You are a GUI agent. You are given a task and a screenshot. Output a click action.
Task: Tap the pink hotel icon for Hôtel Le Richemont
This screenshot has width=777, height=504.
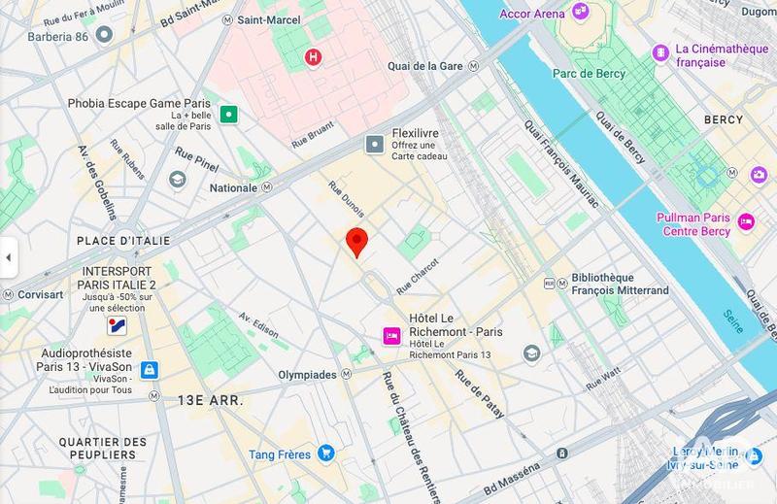[391, 335]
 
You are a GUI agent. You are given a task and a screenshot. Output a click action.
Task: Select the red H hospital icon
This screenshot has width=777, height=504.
[313, 57]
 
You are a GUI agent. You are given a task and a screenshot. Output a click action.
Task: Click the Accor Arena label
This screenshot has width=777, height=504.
[531, 13]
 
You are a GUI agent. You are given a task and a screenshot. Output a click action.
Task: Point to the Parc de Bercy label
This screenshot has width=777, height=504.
[586, 73]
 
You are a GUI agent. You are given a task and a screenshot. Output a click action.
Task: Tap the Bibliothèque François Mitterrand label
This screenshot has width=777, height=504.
[620, 284]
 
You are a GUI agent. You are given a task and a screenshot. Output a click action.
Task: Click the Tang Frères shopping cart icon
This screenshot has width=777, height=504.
[326, 453]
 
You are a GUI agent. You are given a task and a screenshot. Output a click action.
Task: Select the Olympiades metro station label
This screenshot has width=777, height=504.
[308, 375]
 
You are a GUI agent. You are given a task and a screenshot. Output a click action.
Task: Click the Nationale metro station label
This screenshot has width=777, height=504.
[234, 187]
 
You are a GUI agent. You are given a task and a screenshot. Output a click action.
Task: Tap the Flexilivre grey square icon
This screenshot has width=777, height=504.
[375, 145]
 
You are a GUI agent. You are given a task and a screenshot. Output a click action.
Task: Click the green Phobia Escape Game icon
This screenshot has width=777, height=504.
[229, 115]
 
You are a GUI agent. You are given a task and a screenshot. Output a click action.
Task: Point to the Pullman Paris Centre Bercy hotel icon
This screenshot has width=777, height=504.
[746, 221]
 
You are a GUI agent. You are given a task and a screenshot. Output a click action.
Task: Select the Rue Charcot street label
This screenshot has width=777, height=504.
[419, 277]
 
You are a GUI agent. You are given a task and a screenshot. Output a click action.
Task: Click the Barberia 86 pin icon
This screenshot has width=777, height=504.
[104, 34]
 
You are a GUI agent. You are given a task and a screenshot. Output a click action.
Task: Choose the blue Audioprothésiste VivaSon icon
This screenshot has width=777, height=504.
[149, 370]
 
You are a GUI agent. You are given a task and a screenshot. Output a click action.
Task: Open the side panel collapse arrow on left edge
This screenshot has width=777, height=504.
[8, 258]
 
